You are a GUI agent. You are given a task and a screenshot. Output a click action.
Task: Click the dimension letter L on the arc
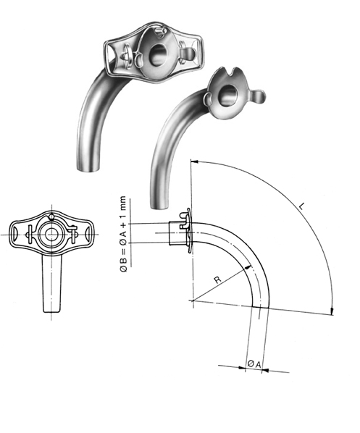(300, 208)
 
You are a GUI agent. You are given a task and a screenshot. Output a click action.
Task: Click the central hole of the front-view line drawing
(51, 236)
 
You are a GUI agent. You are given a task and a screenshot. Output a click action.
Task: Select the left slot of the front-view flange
(19, 235)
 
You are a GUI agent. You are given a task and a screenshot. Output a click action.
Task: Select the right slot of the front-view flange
(84, 235)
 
